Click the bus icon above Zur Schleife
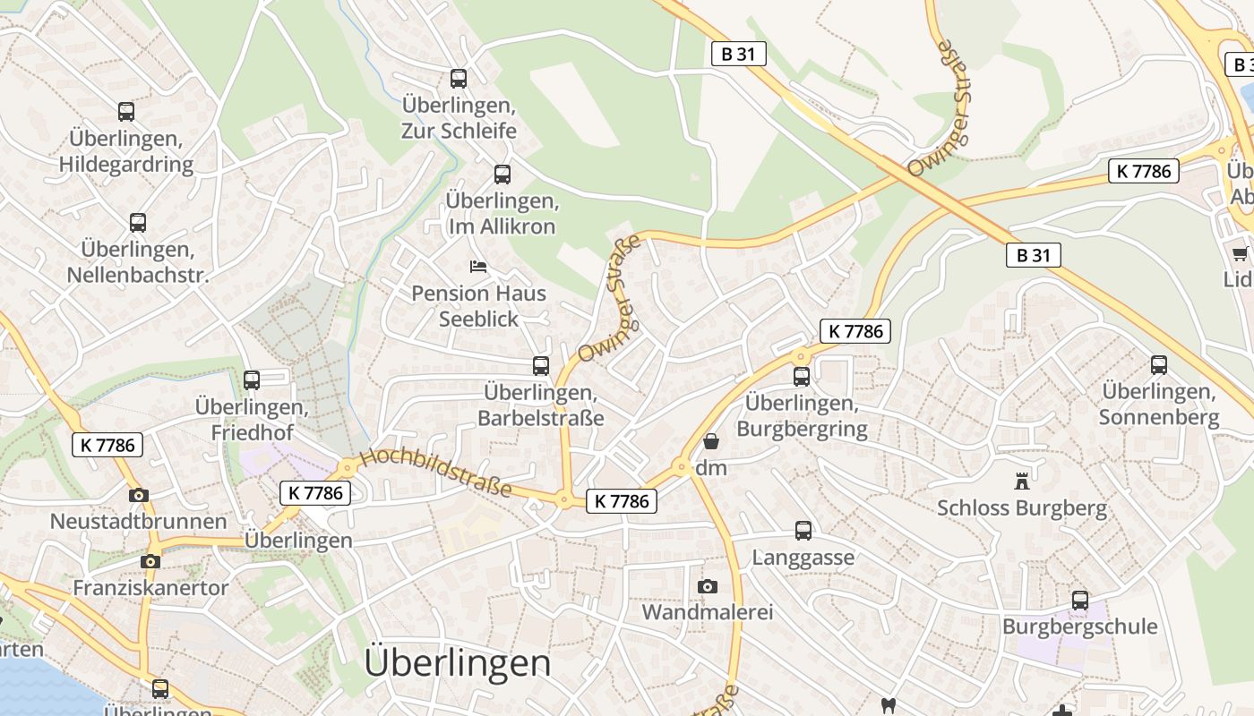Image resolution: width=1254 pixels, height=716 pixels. click(x=459, y=79)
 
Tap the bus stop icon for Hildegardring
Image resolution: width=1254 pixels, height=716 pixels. click(x=126, y=112)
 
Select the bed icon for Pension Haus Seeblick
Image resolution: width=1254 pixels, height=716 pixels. click(x=478, y=267)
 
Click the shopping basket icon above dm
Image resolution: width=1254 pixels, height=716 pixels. click(x=711, y=441)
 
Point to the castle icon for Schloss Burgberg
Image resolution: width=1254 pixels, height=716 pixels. click(x=1021, y=482)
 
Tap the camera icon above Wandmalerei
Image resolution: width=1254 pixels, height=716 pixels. click(x=708, y=586)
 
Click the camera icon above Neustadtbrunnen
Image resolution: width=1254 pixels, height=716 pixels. click(x=138, y=495)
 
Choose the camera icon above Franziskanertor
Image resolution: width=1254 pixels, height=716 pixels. click(x=150, y=562)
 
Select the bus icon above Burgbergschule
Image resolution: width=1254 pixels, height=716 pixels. click(x=1080, y=601)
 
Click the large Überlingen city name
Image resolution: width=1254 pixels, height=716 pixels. click(x=458, y=663)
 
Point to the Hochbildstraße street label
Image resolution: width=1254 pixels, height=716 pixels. click(x=436, y=473)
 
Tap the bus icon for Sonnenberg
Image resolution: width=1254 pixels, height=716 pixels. click(x=1159, y=365)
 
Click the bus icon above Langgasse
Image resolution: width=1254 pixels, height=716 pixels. click(x=803, y=531)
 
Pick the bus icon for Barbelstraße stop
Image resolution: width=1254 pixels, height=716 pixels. click(x=540, y=366)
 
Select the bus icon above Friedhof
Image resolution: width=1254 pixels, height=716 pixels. click(x=252, y=380)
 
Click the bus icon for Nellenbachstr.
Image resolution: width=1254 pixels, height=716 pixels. click(x=138, y=223)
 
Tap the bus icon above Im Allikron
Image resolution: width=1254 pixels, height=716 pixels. click(x=502, y=175)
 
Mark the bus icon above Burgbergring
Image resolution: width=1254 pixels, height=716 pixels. click(x=802, y=377)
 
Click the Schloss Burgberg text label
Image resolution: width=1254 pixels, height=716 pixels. click(x=1021, y=509)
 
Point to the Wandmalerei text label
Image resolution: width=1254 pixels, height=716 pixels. click(x=708, y=613)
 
